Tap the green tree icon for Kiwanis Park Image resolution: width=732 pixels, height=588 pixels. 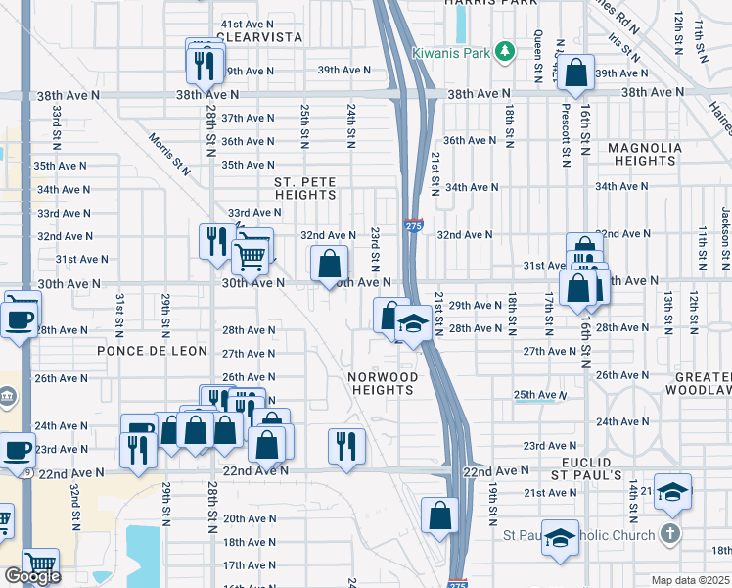point(505,50)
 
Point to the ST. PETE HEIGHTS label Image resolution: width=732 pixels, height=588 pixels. point(305,189)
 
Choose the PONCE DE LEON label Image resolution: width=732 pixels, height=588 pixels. point(152,351)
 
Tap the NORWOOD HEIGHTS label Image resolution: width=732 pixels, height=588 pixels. point(383,383)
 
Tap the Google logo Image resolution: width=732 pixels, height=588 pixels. point(32,576)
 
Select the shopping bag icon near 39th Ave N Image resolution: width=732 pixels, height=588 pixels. point(577,71)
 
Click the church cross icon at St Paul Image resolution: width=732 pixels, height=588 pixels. point(669,534)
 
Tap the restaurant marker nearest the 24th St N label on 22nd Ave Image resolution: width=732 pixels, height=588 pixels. point(345,446)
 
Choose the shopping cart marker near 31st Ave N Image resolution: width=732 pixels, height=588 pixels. point(250,258)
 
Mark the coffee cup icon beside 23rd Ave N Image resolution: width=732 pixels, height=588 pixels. point(17,450)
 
